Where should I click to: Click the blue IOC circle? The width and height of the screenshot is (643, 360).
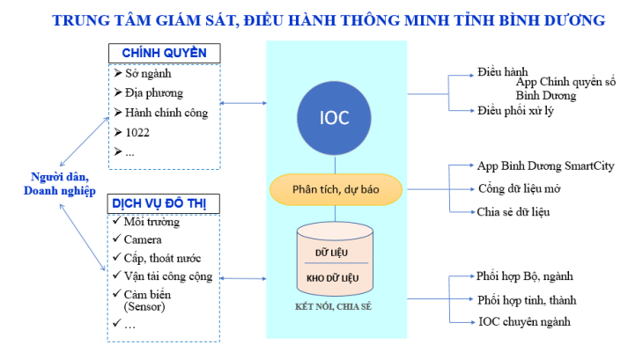336,116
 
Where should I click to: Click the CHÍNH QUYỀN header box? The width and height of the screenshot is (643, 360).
164,53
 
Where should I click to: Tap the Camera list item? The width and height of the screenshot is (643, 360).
143,239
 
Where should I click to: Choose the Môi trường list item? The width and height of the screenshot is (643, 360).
151,221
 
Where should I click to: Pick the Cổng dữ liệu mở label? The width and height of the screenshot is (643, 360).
519,187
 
